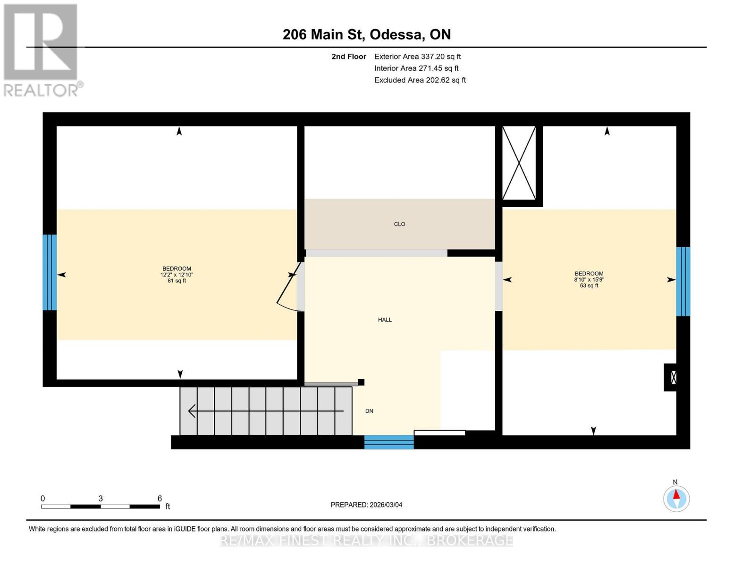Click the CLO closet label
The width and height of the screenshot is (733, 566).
[x=399, y=224]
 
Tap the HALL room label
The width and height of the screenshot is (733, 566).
[x=385, y=320]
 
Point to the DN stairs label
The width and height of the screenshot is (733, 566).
[x=369, y=411]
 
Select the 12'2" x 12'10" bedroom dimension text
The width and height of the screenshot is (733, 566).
[x=177, y=275]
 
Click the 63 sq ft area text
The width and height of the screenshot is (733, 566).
[x=589, y=285]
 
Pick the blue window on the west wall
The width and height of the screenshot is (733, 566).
[x=50, y=272]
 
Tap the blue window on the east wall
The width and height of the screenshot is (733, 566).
[x=683, y=282]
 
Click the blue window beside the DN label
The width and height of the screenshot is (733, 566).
[x=389, y=442]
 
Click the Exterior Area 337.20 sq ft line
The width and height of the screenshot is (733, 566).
[x=417, y=57]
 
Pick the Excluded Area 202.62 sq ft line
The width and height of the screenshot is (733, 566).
[x=420, y=80]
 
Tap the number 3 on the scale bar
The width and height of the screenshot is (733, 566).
[x=101, y=498]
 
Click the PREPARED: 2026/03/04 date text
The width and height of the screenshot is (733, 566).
[x=366, y=505]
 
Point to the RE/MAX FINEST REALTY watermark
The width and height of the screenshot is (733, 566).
[x=366, y=541]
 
